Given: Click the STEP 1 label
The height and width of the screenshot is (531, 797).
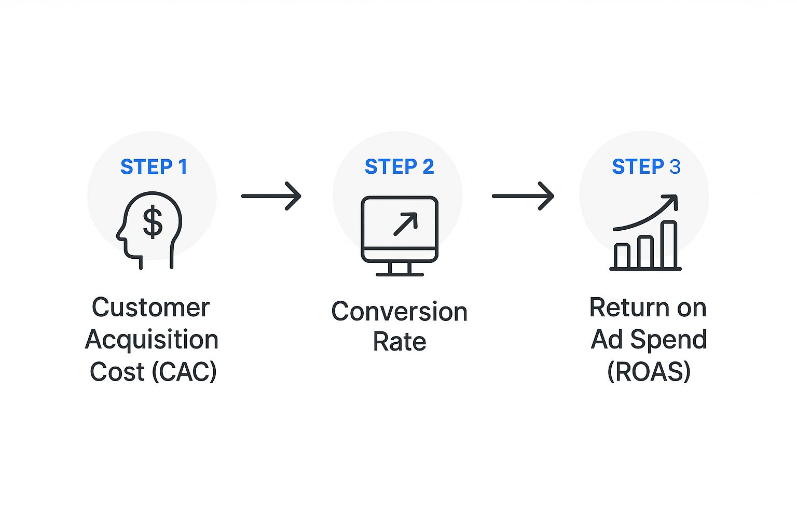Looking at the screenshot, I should point(154,167).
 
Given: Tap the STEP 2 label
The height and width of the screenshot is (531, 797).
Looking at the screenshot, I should point(399,167).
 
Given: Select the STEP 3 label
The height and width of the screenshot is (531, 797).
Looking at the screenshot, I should point(646,167).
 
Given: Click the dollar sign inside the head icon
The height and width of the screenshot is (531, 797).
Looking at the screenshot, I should point(153,222).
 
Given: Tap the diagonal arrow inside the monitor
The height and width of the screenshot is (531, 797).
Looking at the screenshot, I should point(405,224).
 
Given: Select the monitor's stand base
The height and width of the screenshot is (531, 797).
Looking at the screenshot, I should point(400,274).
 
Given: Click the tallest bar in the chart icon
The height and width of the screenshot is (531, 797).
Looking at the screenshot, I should point(669,244).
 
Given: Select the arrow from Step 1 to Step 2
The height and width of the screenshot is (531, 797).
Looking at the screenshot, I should point(271,196).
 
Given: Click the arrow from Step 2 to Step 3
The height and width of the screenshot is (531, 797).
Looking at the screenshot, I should point(523,196).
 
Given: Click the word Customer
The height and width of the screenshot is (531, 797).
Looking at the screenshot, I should point(150,308).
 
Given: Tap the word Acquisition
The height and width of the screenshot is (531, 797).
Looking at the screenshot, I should point(152,340).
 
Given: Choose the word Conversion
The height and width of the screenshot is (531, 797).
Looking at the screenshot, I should point(399,312).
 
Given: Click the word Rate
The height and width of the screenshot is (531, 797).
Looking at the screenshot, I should point(399,342).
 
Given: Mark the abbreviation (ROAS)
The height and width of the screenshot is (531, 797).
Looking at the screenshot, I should point(649,372).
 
